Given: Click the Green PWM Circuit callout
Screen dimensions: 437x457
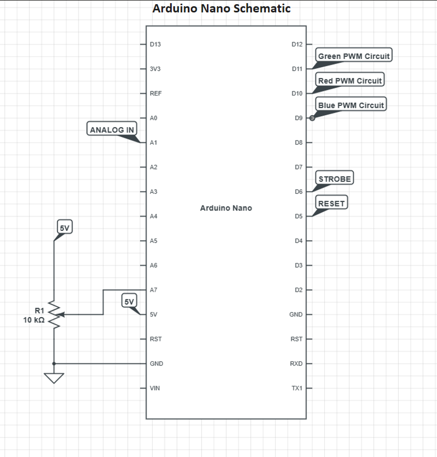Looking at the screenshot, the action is [354, 55].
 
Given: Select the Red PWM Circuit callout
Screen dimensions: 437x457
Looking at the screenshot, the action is [350, 80].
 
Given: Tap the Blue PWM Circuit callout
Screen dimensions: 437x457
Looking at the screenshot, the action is [351, 104].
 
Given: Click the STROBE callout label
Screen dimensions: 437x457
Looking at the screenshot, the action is [335, 178].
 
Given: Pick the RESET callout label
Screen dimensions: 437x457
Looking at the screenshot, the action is [331, 202].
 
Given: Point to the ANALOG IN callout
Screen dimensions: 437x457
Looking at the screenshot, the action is [112, 129].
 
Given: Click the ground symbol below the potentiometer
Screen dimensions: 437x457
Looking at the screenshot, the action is [54, 378].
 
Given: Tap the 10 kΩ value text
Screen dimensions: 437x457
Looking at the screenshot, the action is [34, 320].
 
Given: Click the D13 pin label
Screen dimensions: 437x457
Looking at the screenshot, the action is [155, 44].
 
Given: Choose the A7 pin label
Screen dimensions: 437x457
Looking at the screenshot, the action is [154, 290].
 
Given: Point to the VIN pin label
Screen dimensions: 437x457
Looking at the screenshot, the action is [155, 388].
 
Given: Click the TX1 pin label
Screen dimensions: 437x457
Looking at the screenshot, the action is [297, 388].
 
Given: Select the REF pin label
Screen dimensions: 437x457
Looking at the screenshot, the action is [156, 93].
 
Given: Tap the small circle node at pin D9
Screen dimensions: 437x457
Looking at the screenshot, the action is [312, 118].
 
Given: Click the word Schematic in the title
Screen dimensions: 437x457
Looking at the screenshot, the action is [262, 8].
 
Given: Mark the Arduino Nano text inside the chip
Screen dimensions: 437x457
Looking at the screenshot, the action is [226, 208].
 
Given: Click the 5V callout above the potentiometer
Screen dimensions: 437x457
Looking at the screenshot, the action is [65, 227].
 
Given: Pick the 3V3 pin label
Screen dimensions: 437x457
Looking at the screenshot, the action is [155, 69].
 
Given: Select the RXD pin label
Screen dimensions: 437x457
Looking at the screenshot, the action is [296, 364].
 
